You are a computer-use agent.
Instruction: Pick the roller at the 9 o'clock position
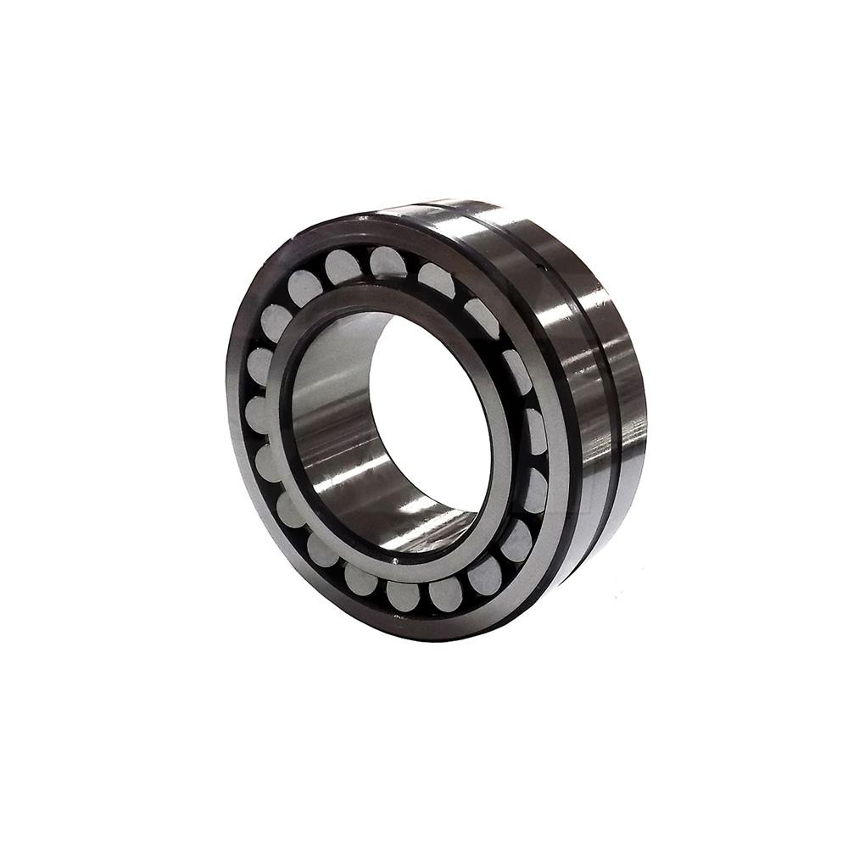click(x=257, y=416)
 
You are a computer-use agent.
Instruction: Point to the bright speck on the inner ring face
click(x=395, y=560)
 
